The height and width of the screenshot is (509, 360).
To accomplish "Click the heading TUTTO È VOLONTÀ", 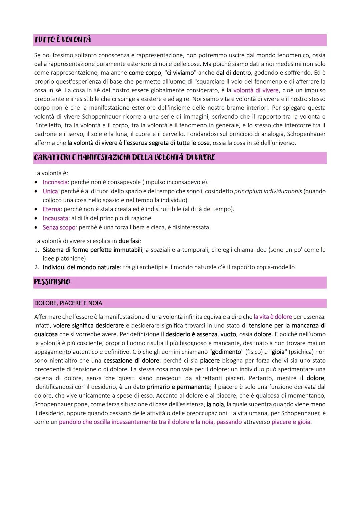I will coord(62,40).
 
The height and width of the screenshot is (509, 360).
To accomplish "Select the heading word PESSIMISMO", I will coord(52,282).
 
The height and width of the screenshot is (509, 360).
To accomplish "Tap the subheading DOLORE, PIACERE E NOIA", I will coord(68,303).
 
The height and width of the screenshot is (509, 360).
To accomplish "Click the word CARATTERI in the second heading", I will coord(50,158).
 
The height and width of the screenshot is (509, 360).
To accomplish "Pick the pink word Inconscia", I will coord(55,182).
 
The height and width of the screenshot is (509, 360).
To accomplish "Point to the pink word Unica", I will coord(50,191).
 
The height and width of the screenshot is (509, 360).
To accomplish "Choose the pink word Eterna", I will coord(52,209).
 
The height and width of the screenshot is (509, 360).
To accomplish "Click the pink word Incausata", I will coord(55,218).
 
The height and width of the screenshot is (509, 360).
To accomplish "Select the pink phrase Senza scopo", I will coord(59,227).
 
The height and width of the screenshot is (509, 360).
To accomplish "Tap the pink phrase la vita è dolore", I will coord(272,317).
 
